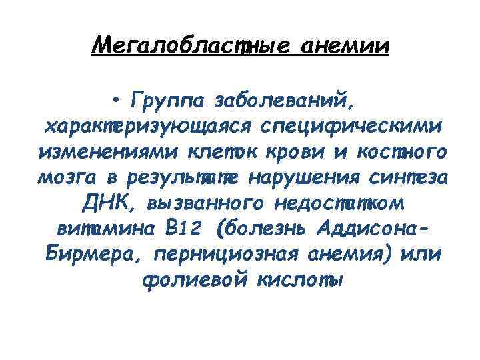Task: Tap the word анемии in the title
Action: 345,46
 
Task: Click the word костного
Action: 406,152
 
